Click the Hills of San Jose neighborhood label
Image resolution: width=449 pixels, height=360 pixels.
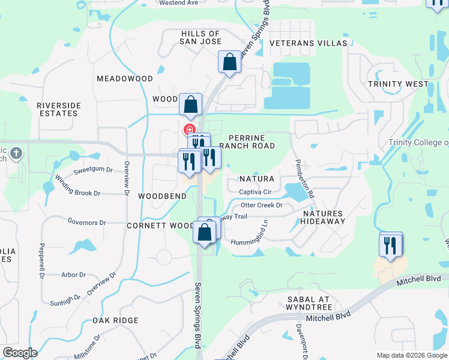(x=201, y=37)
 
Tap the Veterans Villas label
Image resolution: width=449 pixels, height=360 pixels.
(x=309, y=43)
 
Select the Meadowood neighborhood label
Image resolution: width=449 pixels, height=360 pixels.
(x=125, y=79)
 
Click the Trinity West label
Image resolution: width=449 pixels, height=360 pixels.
(x=398, y=83)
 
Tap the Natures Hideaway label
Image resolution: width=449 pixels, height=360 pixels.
(x=323, y=217)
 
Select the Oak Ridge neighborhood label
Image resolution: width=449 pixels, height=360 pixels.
(x=116, y=320)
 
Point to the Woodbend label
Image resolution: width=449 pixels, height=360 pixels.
(x=159, y=196)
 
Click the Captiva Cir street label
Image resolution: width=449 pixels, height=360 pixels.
(x=256, y=192)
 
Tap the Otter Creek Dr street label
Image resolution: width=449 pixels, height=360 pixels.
(x=261, y=205)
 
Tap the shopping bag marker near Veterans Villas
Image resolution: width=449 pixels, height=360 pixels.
(x=229, y=62)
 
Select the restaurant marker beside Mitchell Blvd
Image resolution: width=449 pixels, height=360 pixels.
(x=391, y=245)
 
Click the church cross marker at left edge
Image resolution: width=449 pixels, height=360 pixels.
(x=16, y=153)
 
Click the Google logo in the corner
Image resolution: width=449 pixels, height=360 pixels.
(x=20, y=353)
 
